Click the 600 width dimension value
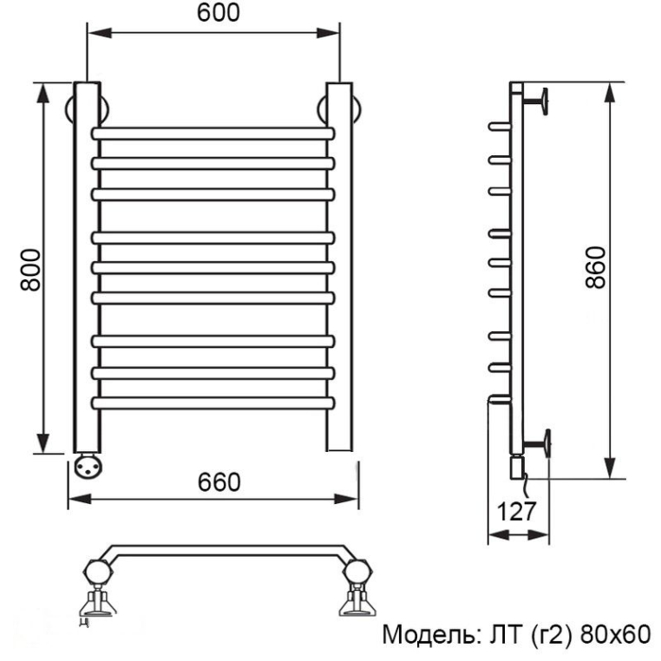(218, 13)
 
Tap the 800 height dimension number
(30, 270)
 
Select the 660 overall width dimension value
(219, 482)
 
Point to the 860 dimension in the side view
(596, 268)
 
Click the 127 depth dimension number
(516, 511)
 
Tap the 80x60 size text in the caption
(615, 634)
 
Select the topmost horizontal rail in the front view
(213, 134)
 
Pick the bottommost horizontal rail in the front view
(213, 403)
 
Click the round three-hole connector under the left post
(88, 466)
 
